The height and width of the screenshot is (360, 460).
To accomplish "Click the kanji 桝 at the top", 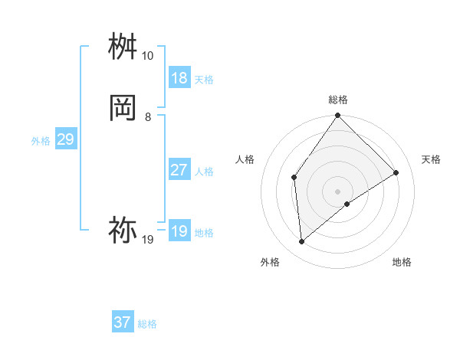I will (123, 48).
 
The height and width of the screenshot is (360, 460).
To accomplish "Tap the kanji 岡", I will (123, 108).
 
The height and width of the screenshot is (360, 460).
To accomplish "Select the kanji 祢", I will (123, 230).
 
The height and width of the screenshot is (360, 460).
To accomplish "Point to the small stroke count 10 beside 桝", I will (147, 56).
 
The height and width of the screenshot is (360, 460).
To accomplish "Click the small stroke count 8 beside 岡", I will (147, 116).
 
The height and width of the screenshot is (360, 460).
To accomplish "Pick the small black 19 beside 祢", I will (147, 240).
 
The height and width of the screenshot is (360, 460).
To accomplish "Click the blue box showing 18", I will (179, 78).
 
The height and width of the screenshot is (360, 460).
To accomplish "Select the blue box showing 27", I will (179, 170).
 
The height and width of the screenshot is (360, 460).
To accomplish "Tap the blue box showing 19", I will (179, 231).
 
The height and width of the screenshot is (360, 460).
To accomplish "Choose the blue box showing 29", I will (65, 139).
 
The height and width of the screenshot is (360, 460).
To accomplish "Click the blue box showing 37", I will (123, 322).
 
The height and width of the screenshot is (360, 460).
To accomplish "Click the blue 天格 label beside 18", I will (204, 80).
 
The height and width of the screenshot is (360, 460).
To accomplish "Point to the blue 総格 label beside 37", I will (147, 324).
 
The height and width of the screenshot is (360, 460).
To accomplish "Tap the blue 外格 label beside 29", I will (41, 141).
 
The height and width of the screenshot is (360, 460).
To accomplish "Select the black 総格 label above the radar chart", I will (338, 100).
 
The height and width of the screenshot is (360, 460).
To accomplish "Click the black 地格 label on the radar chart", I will (402, 262).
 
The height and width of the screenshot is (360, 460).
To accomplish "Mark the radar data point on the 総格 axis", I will (338, 116).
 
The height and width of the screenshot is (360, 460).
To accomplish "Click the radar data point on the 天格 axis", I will (396, 172).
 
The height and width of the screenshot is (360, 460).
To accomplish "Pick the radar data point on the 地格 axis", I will (347, 204).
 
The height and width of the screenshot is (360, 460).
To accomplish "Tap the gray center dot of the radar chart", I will (338, 191).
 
